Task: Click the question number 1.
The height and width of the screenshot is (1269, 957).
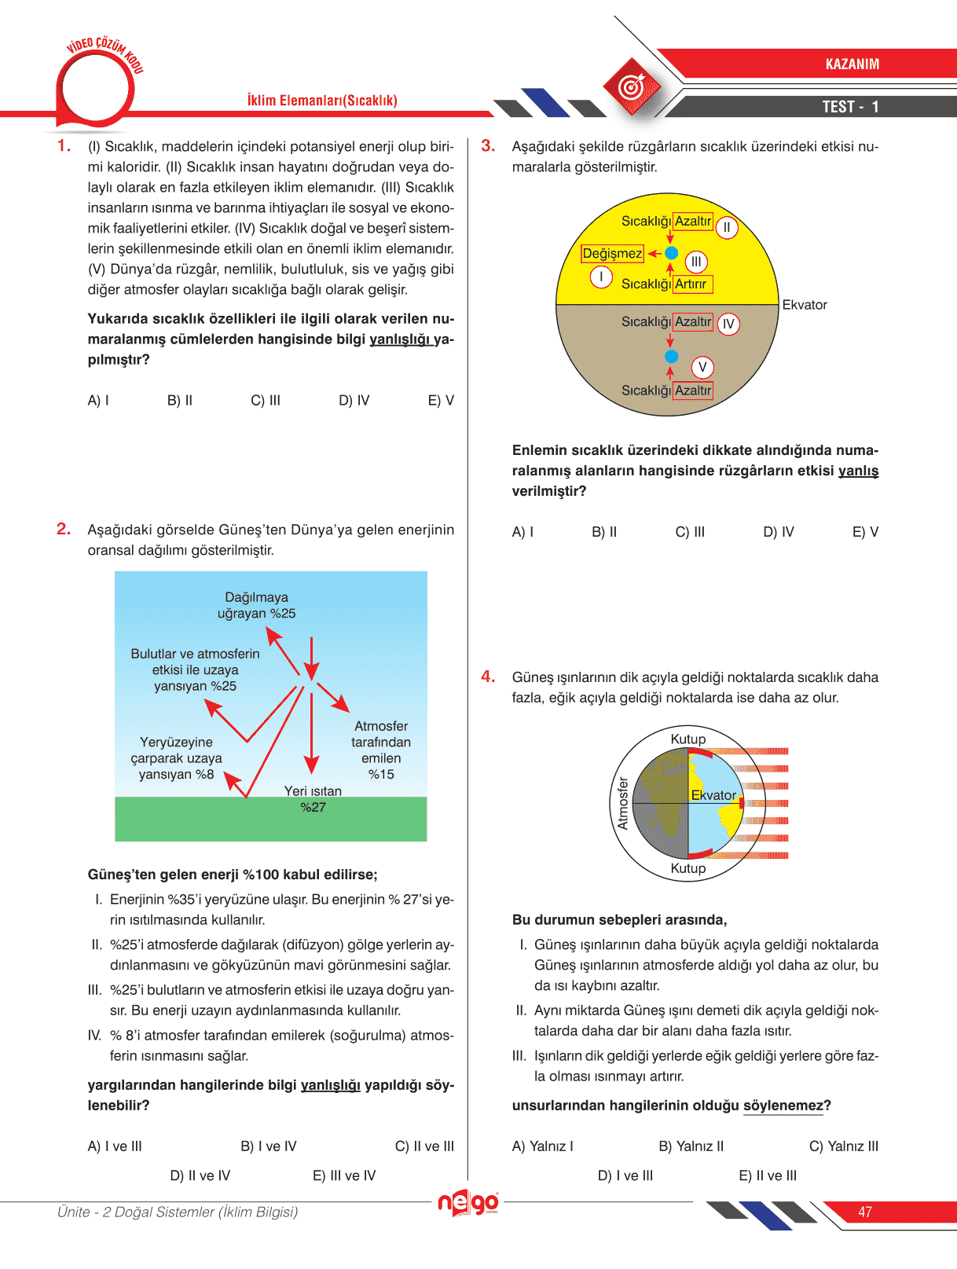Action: point(64,145)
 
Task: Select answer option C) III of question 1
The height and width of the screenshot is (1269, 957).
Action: point(266,401)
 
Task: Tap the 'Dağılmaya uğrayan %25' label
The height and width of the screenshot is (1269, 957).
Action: point(257,606)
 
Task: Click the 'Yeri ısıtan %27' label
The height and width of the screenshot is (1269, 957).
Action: point(313,799)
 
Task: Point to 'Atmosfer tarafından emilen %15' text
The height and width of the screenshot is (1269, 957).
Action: point(381,750)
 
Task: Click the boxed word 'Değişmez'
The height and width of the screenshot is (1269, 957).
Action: point(612,254)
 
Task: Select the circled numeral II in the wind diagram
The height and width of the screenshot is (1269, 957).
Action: point(727,228)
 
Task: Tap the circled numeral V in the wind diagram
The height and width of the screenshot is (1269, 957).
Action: point(702,367)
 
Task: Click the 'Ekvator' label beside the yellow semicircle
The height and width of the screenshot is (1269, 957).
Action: point(805,305)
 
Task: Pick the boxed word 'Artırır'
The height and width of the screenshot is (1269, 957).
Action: point(691,284)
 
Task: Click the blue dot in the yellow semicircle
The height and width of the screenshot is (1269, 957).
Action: point(671,253)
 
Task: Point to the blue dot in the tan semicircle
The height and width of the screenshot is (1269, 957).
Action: point(671,356)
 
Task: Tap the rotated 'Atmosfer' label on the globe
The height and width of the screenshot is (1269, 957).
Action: point(623,803)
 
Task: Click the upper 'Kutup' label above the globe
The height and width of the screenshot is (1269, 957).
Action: point(688,739)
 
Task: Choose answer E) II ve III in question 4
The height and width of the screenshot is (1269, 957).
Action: point(768,1175)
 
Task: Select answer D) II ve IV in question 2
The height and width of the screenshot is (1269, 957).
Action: point(200,1175)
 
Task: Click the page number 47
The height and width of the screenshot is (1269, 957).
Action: point(865,1212)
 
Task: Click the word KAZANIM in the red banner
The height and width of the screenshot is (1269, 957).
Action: point(852,64)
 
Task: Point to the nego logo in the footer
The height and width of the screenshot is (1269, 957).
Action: point(468,1202)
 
